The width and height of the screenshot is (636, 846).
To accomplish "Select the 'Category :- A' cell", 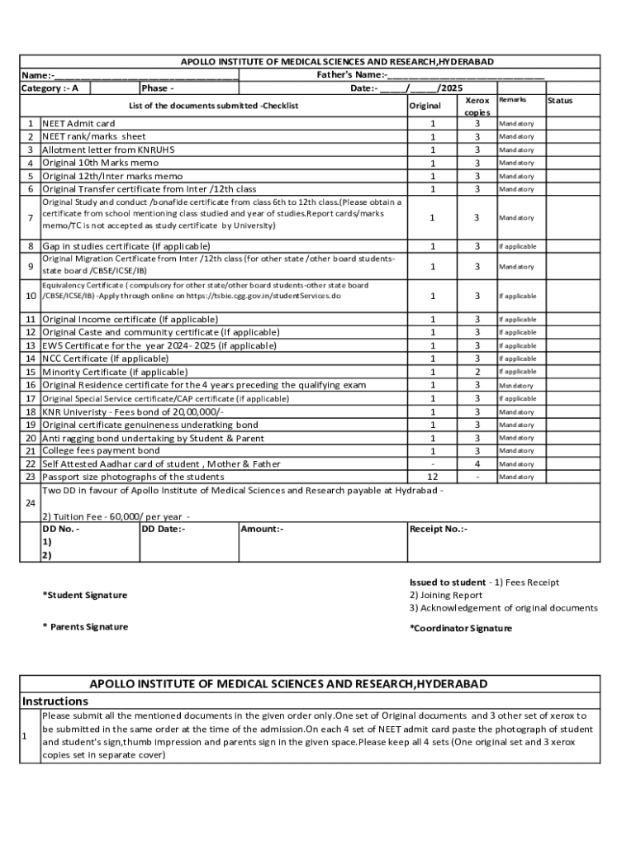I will (x=50, y=88).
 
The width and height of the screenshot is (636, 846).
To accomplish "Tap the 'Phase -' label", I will (x=158, y=88).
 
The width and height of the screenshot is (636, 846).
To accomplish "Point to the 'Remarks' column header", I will (x=512, y=100).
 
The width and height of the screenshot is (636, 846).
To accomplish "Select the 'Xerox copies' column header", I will (x=477, y=106).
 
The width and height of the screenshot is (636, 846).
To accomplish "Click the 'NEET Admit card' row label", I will (x=78, y=123).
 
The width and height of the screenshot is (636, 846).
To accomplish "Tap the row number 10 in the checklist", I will (x=30, y=296).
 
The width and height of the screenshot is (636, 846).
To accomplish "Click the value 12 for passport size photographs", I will (x=431, y=477).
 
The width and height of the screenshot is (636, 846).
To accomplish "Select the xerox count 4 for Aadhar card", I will (x=477, y=464).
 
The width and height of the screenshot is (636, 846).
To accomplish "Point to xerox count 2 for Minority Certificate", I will (x=477, y=372).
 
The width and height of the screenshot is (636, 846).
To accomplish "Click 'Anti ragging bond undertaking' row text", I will (x=154, y=438).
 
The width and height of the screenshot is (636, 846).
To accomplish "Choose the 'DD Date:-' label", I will (x=164, y=529).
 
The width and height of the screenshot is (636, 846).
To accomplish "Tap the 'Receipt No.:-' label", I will (x=439, y=529).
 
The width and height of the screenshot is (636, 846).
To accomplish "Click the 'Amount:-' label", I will (x=263, y=529).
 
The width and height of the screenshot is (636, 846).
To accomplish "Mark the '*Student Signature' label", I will (x=85, y=595).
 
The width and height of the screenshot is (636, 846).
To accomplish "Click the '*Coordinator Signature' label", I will (x=461, y=628).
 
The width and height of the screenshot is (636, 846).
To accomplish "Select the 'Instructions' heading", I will (x=55, y=701).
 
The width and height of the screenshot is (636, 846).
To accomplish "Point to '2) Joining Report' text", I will (x=446, y=595).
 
